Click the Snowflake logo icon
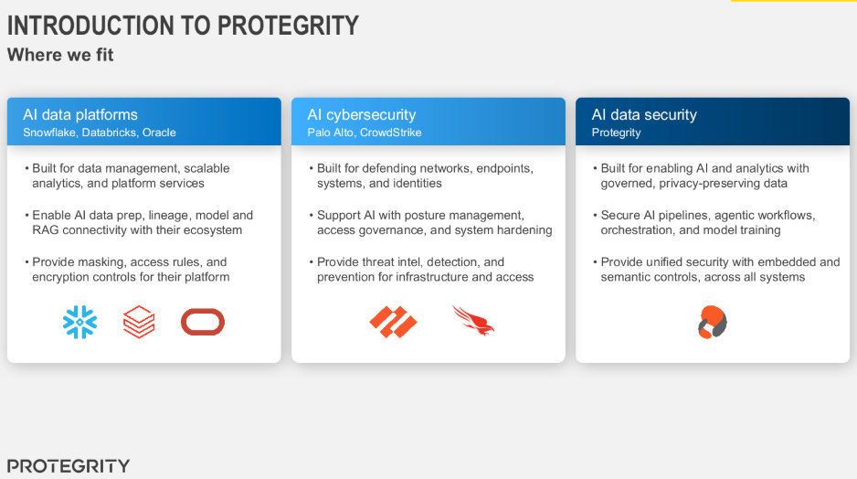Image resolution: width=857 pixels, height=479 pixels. point(79,322)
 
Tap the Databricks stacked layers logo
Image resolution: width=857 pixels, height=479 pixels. point(139,322)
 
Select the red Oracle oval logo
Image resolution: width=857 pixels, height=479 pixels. point(203,322)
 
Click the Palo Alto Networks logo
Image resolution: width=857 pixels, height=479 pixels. point(393,322)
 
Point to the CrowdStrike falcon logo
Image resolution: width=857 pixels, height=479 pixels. point(473,321)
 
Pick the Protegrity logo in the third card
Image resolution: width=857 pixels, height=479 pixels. point(712,322)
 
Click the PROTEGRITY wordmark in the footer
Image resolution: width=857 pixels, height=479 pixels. point(69,466)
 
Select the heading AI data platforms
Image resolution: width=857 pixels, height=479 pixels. point(80,115)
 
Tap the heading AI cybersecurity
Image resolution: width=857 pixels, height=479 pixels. point(361,115)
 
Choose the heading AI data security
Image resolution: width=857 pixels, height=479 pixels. point(644,115)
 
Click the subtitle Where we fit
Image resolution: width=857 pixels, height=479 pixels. point(60,55)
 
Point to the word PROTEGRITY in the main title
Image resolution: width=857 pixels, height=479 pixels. point(288,26)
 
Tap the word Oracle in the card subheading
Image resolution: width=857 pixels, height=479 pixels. point(159,133)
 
